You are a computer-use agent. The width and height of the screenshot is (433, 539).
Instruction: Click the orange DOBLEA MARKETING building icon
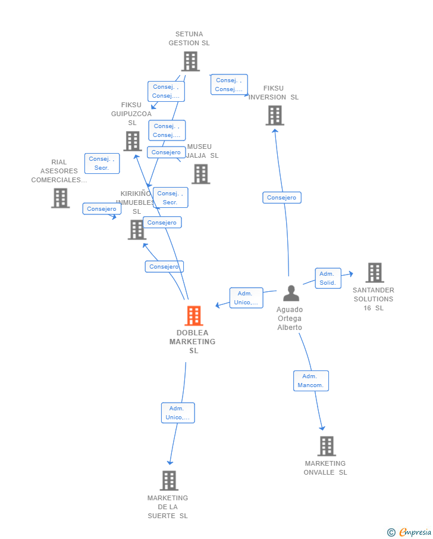193,316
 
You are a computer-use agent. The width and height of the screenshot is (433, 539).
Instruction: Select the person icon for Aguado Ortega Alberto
291,293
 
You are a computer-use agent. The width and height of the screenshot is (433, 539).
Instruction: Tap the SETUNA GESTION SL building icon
190,61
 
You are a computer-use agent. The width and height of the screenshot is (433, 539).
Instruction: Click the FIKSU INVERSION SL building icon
275,116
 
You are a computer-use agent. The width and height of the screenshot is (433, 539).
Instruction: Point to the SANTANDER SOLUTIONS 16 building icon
374,273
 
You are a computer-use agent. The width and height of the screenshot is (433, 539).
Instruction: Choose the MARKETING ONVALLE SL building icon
326,446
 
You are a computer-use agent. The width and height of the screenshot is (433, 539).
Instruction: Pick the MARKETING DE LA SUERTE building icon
169,481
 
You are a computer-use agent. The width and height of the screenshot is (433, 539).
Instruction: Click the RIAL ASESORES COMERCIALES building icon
60,198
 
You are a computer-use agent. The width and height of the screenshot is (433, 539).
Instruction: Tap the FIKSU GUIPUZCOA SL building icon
132,141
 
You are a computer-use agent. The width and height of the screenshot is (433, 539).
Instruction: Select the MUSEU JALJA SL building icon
200,174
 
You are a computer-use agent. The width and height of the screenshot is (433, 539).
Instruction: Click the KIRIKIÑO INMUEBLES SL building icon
137,230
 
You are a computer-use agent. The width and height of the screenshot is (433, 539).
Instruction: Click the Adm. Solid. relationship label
328,278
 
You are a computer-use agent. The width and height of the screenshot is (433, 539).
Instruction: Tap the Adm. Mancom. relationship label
310,381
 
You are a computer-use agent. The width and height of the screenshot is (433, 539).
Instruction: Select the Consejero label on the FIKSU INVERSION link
281,198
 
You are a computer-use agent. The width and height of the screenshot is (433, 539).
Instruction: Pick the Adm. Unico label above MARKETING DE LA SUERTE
178,413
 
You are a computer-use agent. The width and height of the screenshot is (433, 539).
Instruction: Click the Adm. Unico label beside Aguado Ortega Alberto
246,298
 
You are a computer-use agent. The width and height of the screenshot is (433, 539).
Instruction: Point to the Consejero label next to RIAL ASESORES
102,209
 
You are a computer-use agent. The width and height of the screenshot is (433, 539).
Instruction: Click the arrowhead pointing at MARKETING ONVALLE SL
322,427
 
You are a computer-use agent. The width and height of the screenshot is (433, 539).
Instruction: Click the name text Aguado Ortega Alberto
290,319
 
